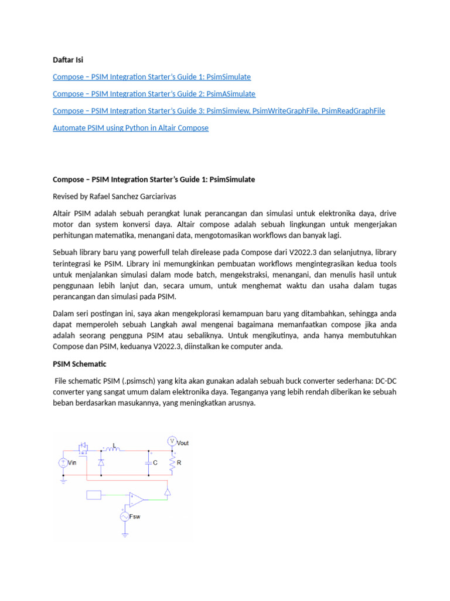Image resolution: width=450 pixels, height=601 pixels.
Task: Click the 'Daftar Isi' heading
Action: tap(68, 60)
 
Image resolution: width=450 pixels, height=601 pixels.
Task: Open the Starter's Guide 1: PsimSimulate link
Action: tap(152, 77)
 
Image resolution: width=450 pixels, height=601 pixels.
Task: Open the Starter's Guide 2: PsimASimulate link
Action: tap(154, 94)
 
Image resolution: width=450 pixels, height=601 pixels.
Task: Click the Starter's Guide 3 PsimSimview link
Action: tap(219, 111)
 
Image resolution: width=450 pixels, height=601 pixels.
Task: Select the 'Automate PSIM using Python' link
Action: tap(130, 128)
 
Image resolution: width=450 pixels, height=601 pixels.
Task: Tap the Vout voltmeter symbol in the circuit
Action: tap(172, 441)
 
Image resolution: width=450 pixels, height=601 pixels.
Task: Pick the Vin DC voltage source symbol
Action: tap(63, 462)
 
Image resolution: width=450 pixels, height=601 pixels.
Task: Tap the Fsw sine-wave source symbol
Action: tap(125, 516)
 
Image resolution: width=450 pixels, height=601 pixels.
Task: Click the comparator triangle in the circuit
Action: tap(136, 499)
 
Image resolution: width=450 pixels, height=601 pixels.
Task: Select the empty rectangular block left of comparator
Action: tap(94, 495)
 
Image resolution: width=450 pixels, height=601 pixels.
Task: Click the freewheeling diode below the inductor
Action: tap(101, 462)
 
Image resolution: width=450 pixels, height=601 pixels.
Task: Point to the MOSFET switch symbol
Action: tap(83, 448)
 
